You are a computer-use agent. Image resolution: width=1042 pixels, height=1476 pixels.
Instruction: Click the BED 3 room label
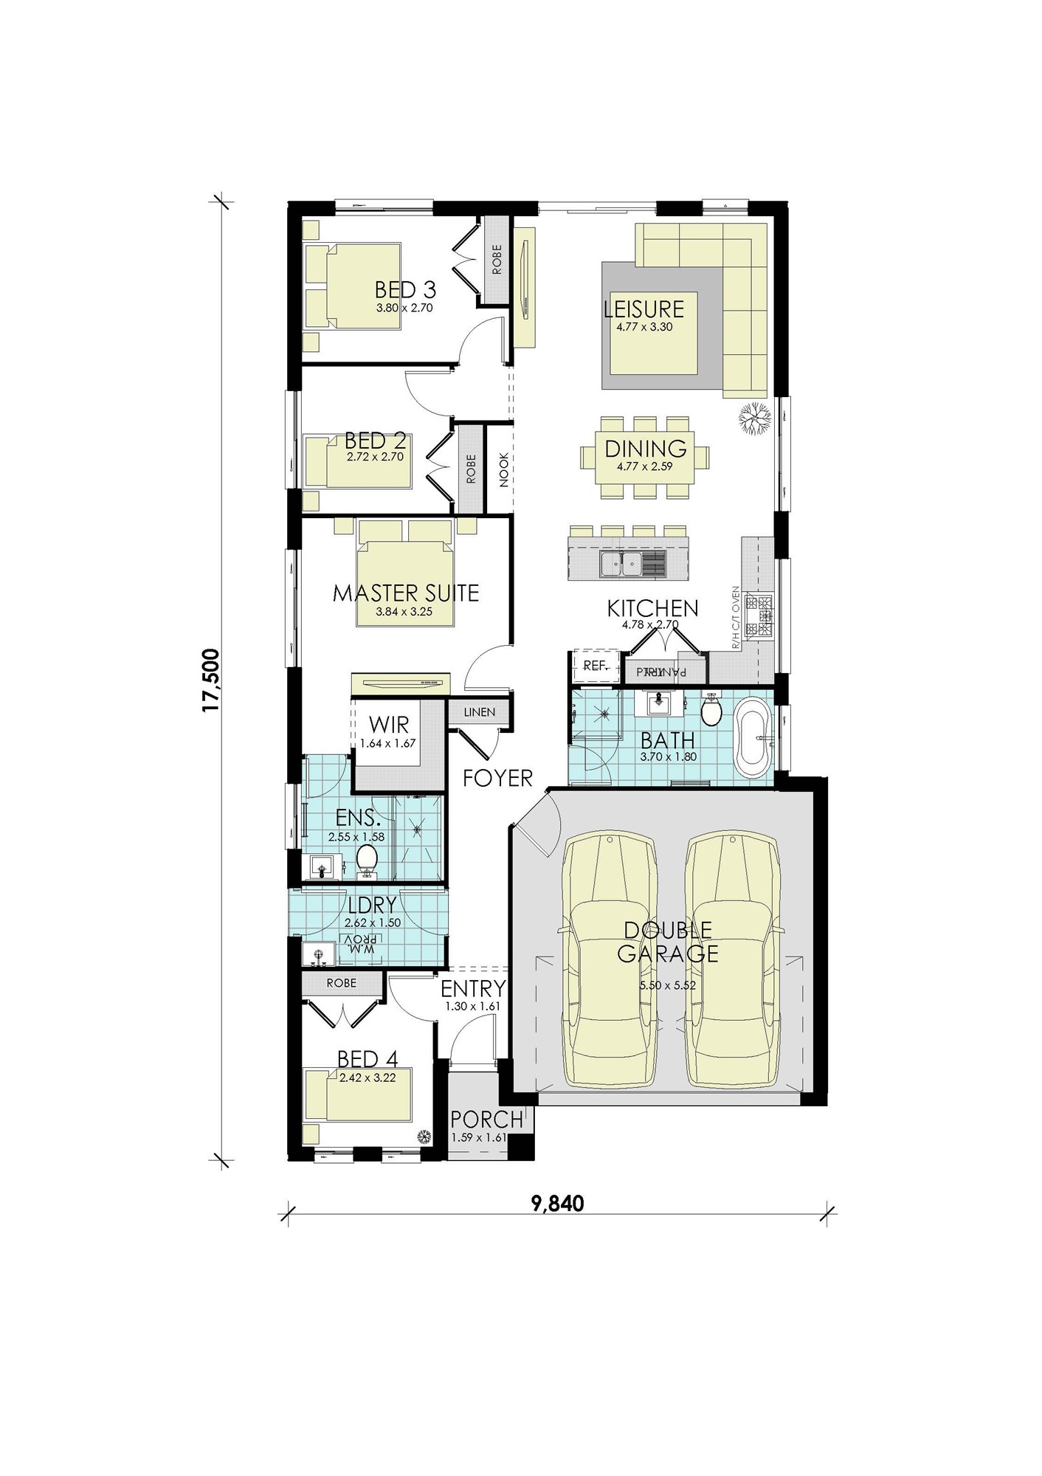[x=405, y=289]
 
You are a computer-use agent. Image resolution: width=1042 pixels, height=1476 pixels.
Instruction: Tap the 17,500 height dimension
[x=212, y=680]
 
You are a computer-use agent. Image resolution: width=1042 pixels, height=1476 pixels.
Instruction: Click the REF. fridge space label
[x=595, y=666]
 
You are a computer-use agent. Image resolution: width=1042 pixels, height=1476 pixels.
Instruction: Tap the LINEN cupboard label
[x=480, y=712]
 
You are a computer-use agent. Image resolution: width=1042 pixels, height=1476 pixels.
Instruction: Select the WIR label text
[x=389, y=724]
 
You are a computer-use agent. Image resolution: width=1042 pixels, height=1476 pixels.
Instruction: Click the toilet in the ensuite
[x=367, y=860]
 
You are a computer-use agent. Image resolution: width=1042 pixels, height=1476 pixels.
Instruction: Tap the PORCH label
[x=486, y=1120]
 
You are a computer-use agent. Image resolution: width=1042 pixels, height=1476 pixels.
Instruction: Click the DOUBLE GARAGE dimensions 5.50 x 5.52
[x=667, y=984]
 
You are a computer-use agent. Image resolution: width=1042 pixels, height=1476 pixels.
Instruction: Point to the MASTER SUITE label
[x=406, y=593]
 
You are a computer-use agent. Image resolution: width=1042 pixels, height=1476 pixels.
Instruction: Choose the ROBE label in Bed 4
[x=341, y=983]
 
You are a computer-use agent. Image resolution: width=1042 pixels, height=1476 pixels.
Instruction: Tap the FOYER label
[x=498, y=777]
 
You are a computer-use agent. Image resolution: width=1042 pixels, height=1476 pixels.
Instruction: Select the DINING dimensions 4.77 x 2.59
[x=645, y=466]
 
